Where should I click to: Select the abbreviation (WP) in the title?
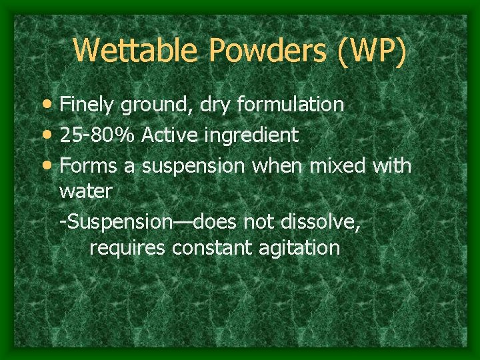point(372,51)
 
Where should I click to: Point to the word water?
point(86,191)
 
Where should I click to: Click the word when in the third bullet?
point(277,165)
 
